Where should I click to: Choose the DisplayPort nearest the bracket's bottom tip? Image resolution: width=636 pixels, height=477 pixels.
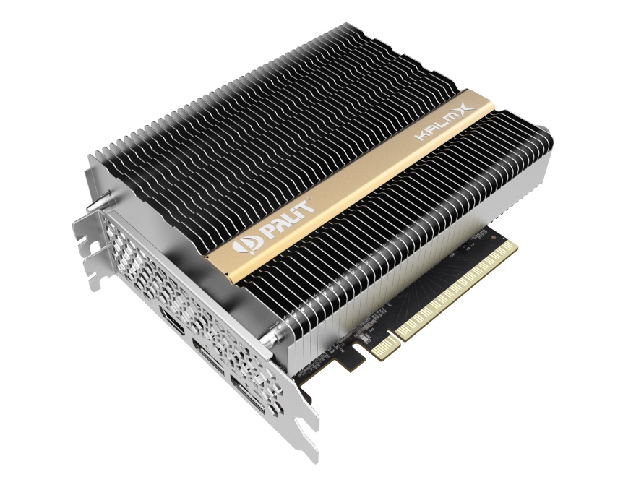pyautogui.click(x=247, y=394)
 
